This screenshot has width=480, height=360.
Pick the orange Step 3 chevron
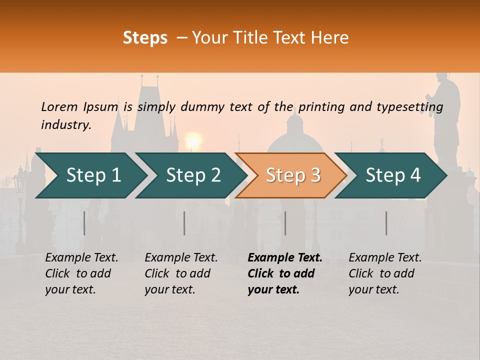coord(291,175)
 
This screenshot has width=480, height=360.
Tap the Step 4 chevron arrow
coord(391,175)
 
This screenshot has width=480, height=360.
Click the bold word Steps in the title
coord(145,38)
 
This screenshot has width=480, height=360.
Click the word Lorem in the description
coord(59,106)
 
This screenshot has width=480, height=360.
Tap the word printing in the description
coord(315,107)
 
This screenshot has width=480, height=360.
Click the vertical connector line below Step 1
coord(84,223)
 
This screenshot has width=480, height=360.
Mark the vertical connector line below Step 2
coord(184,223)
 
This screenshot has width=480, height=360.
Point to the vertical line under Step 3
coord(285,223)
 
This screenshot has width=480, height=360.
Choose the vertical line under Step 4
coord(386,223)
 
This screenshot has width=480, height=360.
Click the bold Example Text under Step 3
coord(285,258)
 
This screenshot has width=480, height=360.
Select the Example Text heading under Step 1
coord(81,258)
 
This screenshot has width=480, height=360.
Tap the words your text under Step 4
coord(373,289)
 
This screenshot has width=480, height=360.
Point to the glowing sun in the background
coord(193,140)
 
